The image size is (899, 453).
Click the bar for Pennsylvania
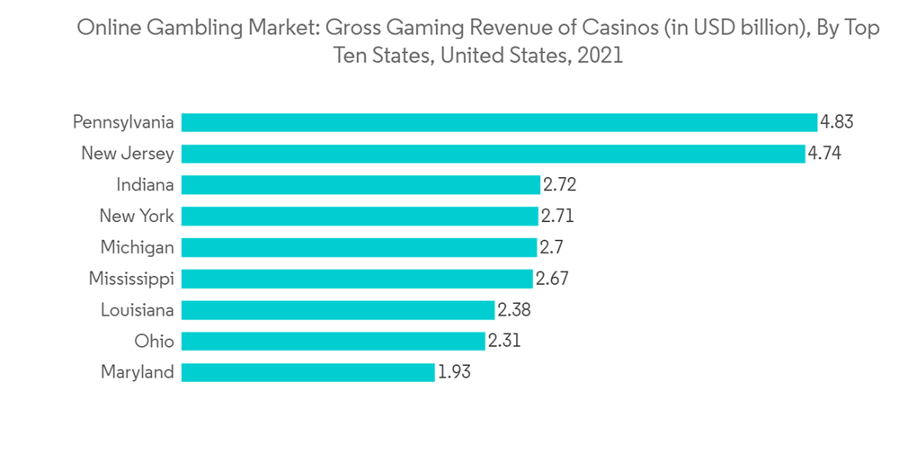[x=499, y=122]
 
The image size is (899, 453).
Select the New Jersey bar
[x=493, y=154]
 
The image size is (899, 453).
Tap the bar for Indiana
[x=360, y=185]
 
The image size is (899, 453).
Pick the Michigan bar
[x=359, y=247]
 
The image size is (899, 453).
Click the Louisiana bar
[x=338, y=309]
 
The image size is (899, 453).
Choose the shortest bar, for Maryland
[x=308, y=372]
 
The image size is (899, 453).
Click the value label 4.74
[x=824, y=154]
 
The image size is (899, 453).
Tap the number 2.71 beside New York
[x=557, y=216]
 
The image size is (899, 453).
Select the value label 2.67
[x=552, y=279]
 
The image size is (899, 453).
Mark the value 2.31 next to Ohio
[x=504, y=341]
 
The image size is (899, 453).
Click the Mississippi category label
[x=131, y=279]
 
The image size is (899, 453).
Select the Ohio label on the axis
[x=154, y=341]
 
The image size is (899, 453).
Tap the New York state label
[x=137, y=216]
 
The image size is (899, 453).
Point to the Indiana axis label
[x=145, y=185]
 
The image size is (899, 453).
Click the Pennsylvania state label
[x=123, y=122]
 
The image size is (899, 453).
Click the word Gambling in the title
[x=176, y=29]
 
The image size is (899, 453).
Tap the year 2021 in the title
[x=600, y=56]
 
